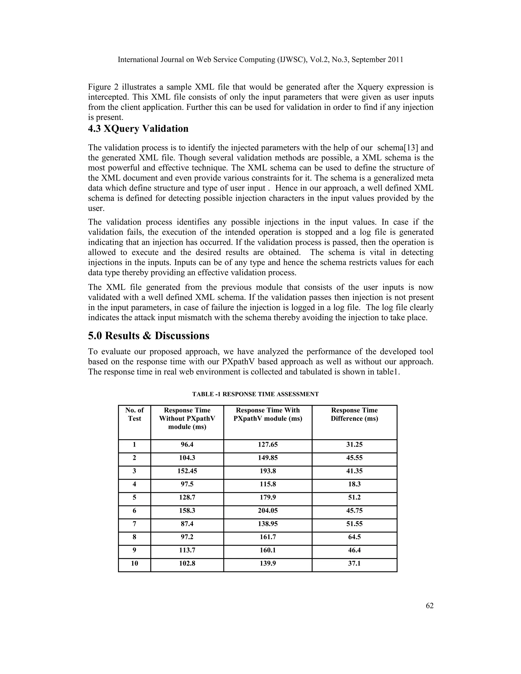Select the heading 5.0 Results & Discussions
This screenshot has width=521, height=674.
click(149, 336)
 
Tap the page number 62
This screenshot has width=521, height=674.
click(430, 606)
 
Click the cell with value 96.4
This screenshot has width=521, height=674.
click(187, 445)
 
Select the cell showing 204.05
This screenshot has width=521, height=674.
click(268, 511)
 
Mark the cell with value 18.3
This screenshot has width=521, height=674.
click(354, 484)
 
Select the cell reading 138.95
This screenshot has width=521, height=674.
click(268, 524)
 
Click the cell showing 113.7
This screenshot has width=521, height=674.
click(187, 550)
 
